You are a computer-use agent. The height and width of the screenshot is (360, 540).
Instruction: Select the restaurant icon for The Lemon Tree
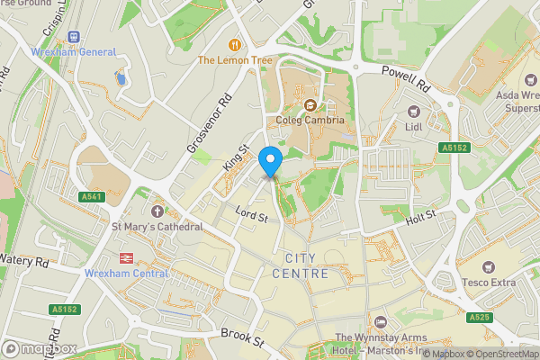point(236,44)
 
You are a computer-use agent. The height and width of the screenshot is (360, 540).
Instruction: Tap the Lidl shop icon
point(414,111)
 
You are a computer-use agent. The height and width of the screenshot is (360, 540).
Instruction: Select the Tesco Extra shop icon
point(488,267)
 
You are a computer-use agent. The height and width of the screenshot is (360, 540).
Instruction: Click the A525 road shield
point(479,318)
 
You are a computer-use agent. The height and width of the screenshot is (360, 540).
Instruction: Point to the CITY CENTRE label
point(300,265)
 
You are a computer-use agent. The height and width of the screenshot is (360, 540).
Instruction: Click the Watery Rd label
point(23,262)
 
